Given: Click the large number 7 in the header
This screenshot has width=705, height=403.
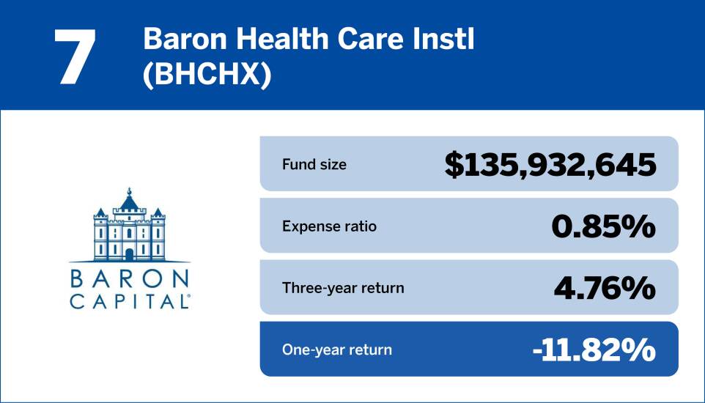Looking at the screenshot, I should (75, 57).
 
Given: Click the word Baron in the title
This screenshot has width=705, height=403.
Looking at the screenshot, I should (180, 40).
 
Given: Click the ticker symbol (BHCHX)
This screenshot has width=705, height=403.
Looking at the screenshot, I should (207, 76).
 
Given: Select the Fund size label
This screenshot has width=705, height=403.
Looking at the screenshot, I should (314, 164).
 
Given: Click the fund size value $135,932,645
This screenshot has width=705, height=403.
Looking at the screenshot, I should (550, 164).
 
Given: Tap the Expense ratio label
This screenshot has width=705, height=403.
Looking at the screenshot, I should (329, 226).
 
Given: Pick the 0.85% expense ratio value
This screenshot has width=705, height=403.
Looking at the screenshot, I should (602, 226).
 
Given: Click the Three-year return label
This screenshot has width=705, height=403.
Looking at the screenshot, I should (342, 287).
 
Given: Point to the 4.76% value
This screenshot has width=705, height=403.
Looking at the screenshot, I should (604, 288).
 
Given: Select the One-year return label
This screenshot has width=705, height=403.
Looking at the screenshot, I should (336, 350).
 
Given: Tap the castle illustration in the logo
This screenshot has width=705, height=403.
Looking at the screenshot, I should (130, 227).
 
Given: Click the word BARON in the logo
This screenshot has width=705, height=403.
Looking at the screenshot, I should (130, 279).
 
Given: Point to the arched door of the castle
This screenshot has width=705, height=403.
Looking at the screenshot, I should (130, 254).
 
